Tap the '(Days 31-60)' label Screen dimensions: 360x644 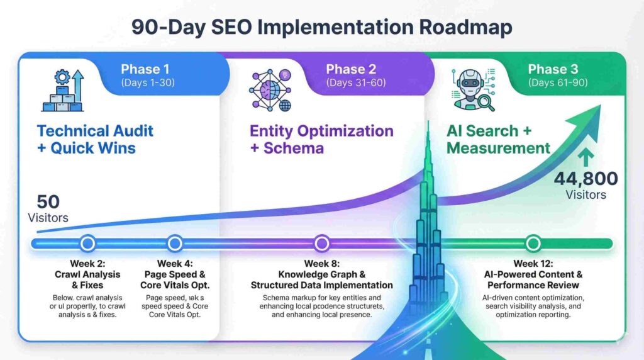(356, 82)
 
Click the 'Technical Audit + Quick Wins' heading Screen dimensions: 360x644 (95, 140)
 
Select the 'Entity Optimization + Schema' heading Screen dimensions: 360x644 (321, 140)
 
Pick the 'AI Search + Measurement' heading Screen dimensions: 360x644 (498, 140)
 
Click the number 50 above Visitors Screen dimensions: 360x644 (48, 202)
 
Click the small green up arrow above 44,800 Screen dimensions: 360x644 (586, 157)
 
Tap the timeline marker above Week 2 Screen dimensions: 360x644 (87, 243)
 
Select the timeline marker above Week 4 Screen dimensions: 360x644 (175, 243)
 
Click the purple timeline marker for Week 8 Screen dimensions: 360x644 (322, 243)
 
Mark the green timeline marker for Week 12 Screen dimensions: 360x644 (533, 243)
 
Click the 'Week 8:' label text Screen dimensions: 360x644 (322, 263)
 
